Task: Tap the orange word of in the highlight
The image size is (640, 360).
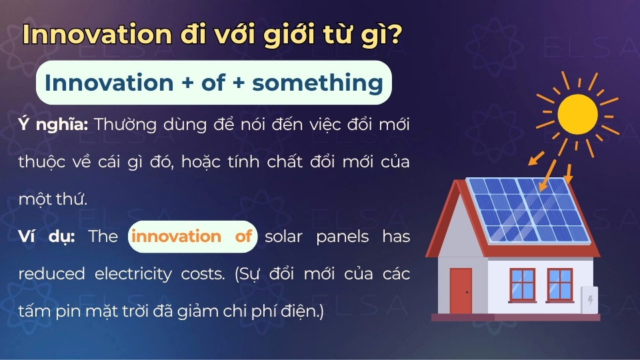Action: pyautogui.click(x=243, y=237)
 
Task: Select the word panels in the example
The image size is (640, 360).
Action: pyautogui.click(x=343, y=237)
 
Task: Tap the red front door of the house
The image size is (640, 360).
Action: pyautogui.click(x=461, y=290)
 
